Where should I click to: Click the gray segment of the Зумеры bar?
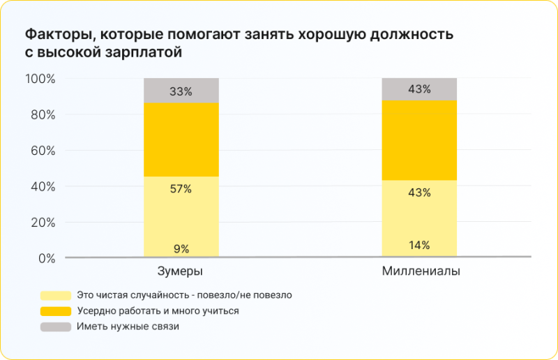[x=181, y=91]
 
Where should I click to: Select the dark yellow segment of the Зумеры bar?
[x=181, y=140]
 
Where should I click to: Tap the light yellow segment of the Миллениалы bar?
[x=419, y=219]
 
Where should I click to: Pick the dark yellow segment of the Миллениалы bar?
[x=419, y=140]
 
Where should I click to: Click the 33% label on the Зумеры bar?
[x=181, y=91]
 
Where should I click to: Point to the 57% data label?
[x=181, y=189]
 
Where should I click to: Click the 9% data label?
[x=181, y=248]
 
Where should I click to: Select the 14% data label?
[x=419, y=245]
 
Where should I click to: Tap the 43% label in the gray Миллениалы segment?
[x=419, y=89]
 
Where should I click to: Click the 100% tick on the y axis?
[x=40, y=79]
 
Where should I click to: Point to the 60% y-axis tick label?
[x=42, y=151]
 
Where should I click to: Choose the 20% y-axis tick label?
[x=42, y=223]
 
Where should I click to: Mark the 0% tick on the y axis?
[x=46, y=259]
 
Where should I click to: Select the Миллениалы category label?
[x=421, y=271]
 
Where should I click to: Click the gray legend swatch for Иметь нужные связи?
[x=56, y=327]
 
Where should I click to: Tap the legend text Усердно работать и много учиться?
[x=158, y=310]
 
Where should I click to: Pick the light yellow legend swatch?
[x=56, y=295]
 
